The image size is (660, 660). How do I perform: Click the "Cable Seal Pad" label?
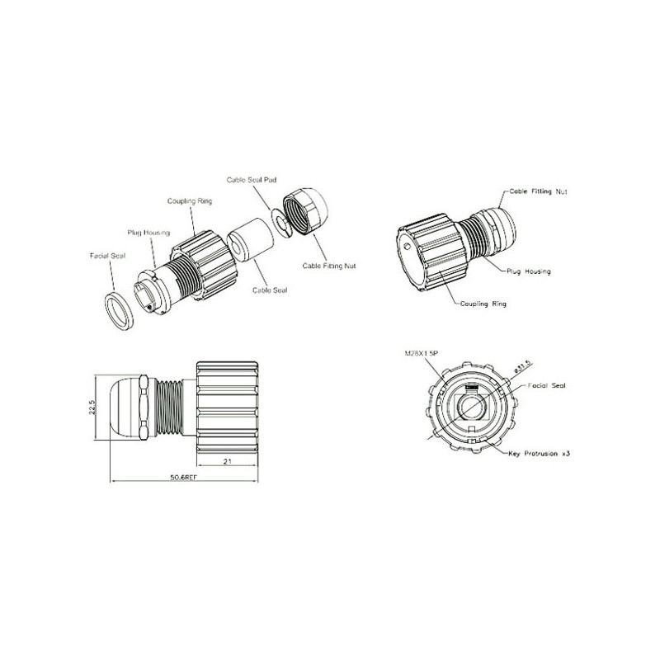point(250,179)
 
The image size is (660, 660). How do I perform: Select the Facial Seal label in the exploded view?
point(107,257)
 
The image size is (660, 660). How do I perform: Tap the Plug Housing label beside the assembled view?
point(529,271)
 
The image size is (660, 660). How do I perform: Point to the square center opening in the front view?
point(471,407)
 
